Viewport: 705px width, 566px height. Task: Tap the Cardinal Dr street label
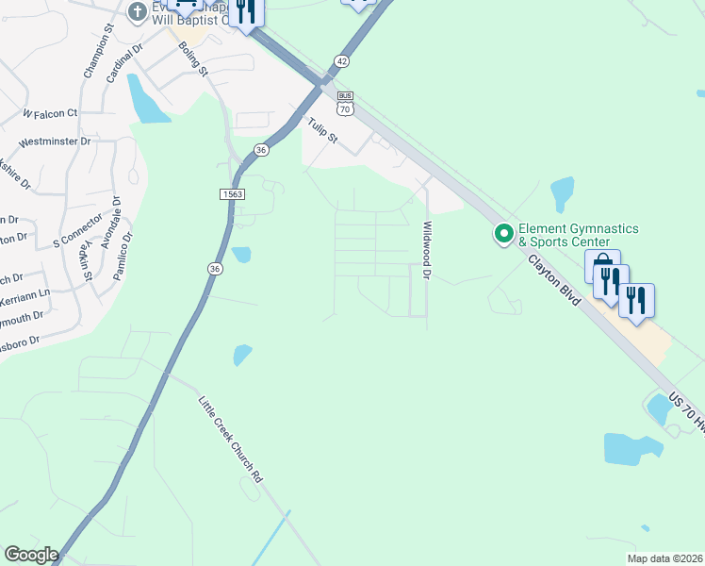coord(123,62)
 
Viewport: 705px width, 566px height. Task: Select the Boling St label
coord(193,60)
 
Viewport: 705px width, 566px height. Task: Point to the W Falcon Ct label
coord(50,113)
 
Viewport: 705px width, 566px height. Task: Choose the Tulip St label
coord(323,130)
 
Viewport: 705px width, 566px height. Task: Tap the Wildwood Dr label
coord(426,250)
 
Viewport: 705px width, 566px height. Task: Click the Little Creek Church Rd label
coord(230,440)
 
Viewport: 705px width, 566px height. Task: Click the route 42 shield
coord(340,60)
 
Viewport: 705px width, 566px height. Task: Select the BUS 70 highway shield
coord(345,103)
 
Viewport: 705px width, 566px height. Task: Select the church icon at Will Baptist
coord(138,12)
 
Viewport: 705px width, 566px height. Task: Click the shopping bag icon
coord(600,265)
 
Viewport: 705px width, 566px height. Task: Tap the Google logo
coord(31,554)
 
